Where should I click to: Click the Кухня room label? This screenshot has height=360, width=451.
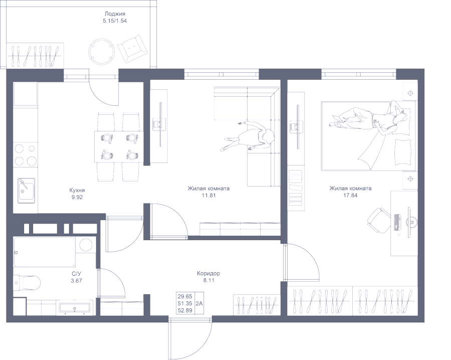[x=77, y=191]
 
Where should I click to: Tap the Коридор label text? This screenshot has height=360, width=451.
[x=208, y=274]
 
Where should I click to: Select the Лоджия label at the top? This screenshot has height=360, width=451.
[x=115, y=14]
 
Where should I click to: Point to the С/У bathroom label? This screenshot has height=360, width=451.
[x=76, y=274]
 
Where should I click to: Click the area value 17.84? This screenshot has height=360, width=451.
[x=350, y=196]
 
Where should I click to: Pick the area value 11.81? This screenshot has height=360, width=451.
[x=208, y=196]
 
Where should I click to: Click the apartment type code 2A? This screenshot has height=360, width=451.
[x=199, y=304]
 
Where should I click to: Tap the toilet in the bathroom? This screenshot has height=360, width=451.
[x=28, y=283]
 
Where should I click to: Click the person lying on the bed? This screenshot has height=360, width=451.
[x=371, y=120]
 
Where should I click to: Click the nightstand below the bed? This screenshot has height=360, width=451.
[x=410, y=178]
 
